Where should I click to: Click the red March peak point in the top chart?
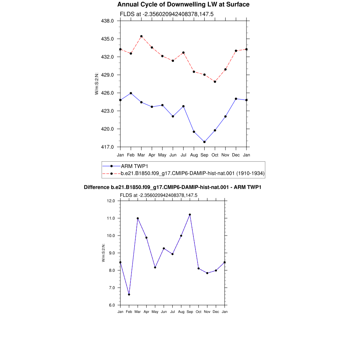141,36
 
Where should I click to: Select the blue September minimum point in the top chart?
204,142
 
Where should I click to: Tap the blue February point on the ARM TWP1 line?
131,93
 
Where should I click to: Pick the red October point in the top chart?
215,82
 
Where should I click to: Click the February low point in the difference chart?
129,294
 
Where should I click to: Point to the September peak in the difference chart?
190,215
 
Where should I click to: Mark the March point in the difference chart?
138,218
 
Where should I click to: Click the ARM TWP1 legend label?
135,166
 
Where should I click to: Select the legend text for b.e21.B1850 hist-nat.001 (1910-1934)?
193,173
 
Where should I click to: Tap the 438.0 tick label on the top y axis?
108,21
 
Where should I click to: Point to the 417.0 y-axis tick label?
108,147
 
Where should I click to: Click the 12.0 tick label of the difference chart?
111,201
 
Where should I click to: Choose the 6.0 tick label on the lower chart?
112,305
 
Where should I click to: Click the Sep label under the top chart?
204,155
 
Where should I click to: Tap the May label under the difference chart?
155,312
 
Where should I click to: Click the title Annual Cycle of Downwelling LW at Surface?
184,4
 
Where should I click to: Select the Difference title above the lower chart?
173,187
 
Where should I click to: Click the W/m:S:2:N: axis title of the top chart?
97,84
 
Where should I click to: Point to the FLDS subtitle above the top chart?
167,14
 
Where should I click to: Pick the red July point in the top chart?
184,53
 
